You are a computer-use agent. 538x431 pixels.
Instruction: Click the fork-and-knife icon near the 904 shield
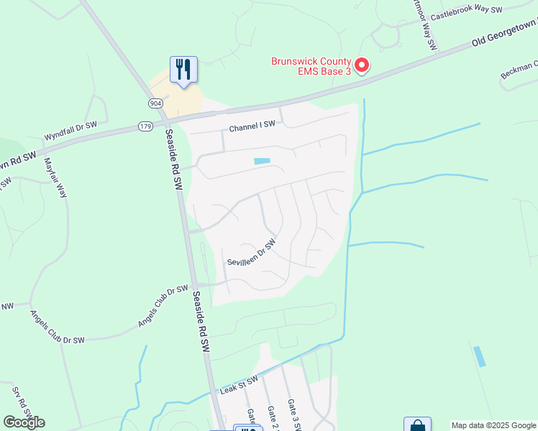183,70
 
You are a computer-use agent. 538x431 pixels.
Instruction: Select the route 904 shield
156,103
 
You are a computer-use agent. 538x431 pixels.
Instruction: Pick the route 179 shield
146,127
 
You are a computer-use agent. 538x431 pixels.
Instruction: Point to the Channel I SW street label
252,127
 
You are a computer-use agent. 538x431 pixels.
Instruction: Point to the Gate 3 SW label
293,414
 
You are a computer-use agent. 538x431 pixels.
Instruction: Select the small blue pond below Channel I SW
263,161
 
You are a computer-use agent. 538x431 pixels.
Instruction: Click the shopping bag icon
417,425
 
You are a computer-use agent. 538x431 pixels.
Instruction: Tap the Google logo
24,422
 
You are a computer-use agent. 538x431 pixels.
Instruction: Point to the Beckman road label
519,70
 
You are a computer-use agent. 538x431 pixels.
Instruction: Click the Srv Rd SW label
19,402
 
